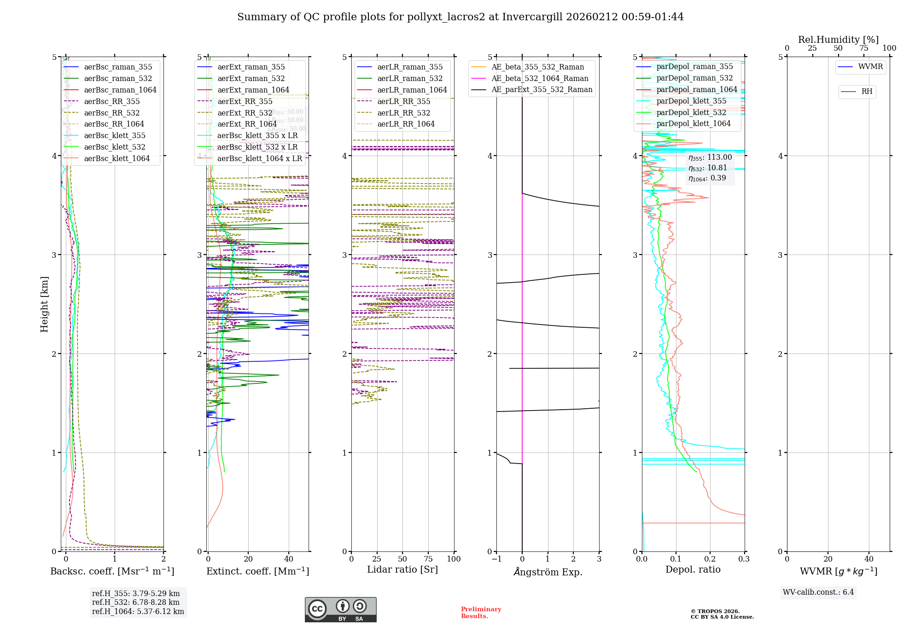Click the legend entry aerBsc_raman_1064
[120, 90]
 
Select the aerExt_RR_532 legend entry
[245, 113]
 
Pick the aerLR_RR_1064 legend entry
[406, 124]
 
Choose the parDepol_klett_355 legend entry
[691, 101]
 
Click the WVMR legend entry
[870, 67]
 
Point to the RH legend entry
[867, 92]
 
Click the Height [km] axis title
[44, 304]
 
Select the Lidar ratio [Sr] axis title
[402, 570]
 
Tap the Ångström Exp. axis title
[548, 572]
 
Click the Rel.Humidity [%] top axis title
[838, 40]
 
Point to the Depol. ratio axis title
[693, 570]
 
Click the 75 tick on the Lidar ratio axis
[428, 559]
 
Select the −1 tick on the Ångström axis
[496, 559]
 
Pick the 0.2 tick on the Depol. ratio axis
[710, 559]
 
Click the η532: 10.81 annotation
[708, 168]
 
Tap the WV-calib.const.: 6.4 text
[818, 592]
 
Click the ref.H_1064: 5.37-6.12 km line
[138, 612]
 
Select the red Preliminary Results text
[481, 613]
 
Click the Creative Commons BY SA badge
[340, 610]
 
